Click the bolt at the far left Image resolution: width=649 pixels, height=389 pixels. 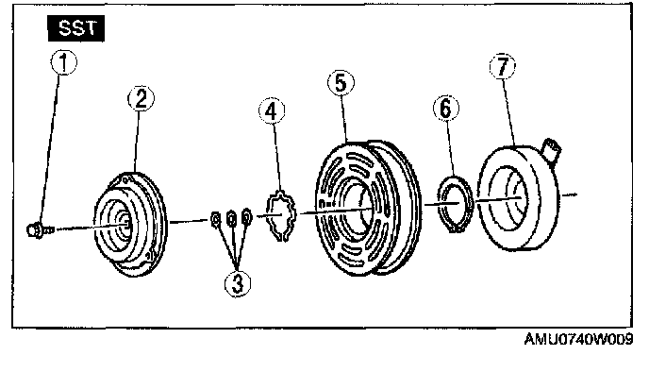[x=37, y=228]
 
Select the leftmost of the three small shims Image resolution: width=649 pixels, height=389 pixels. [x=215, y=221]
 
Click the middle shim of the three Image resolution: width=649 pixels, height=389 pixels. [x=232, y=219]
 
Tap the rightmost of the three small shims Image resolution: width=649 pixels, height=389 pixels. [x=247, y=218]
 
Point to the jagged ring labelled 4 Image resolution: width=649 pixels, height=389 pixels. [x=282, y=216]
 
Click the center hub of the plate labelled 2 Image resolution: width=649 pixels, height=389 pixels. [x=122, y=224]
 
